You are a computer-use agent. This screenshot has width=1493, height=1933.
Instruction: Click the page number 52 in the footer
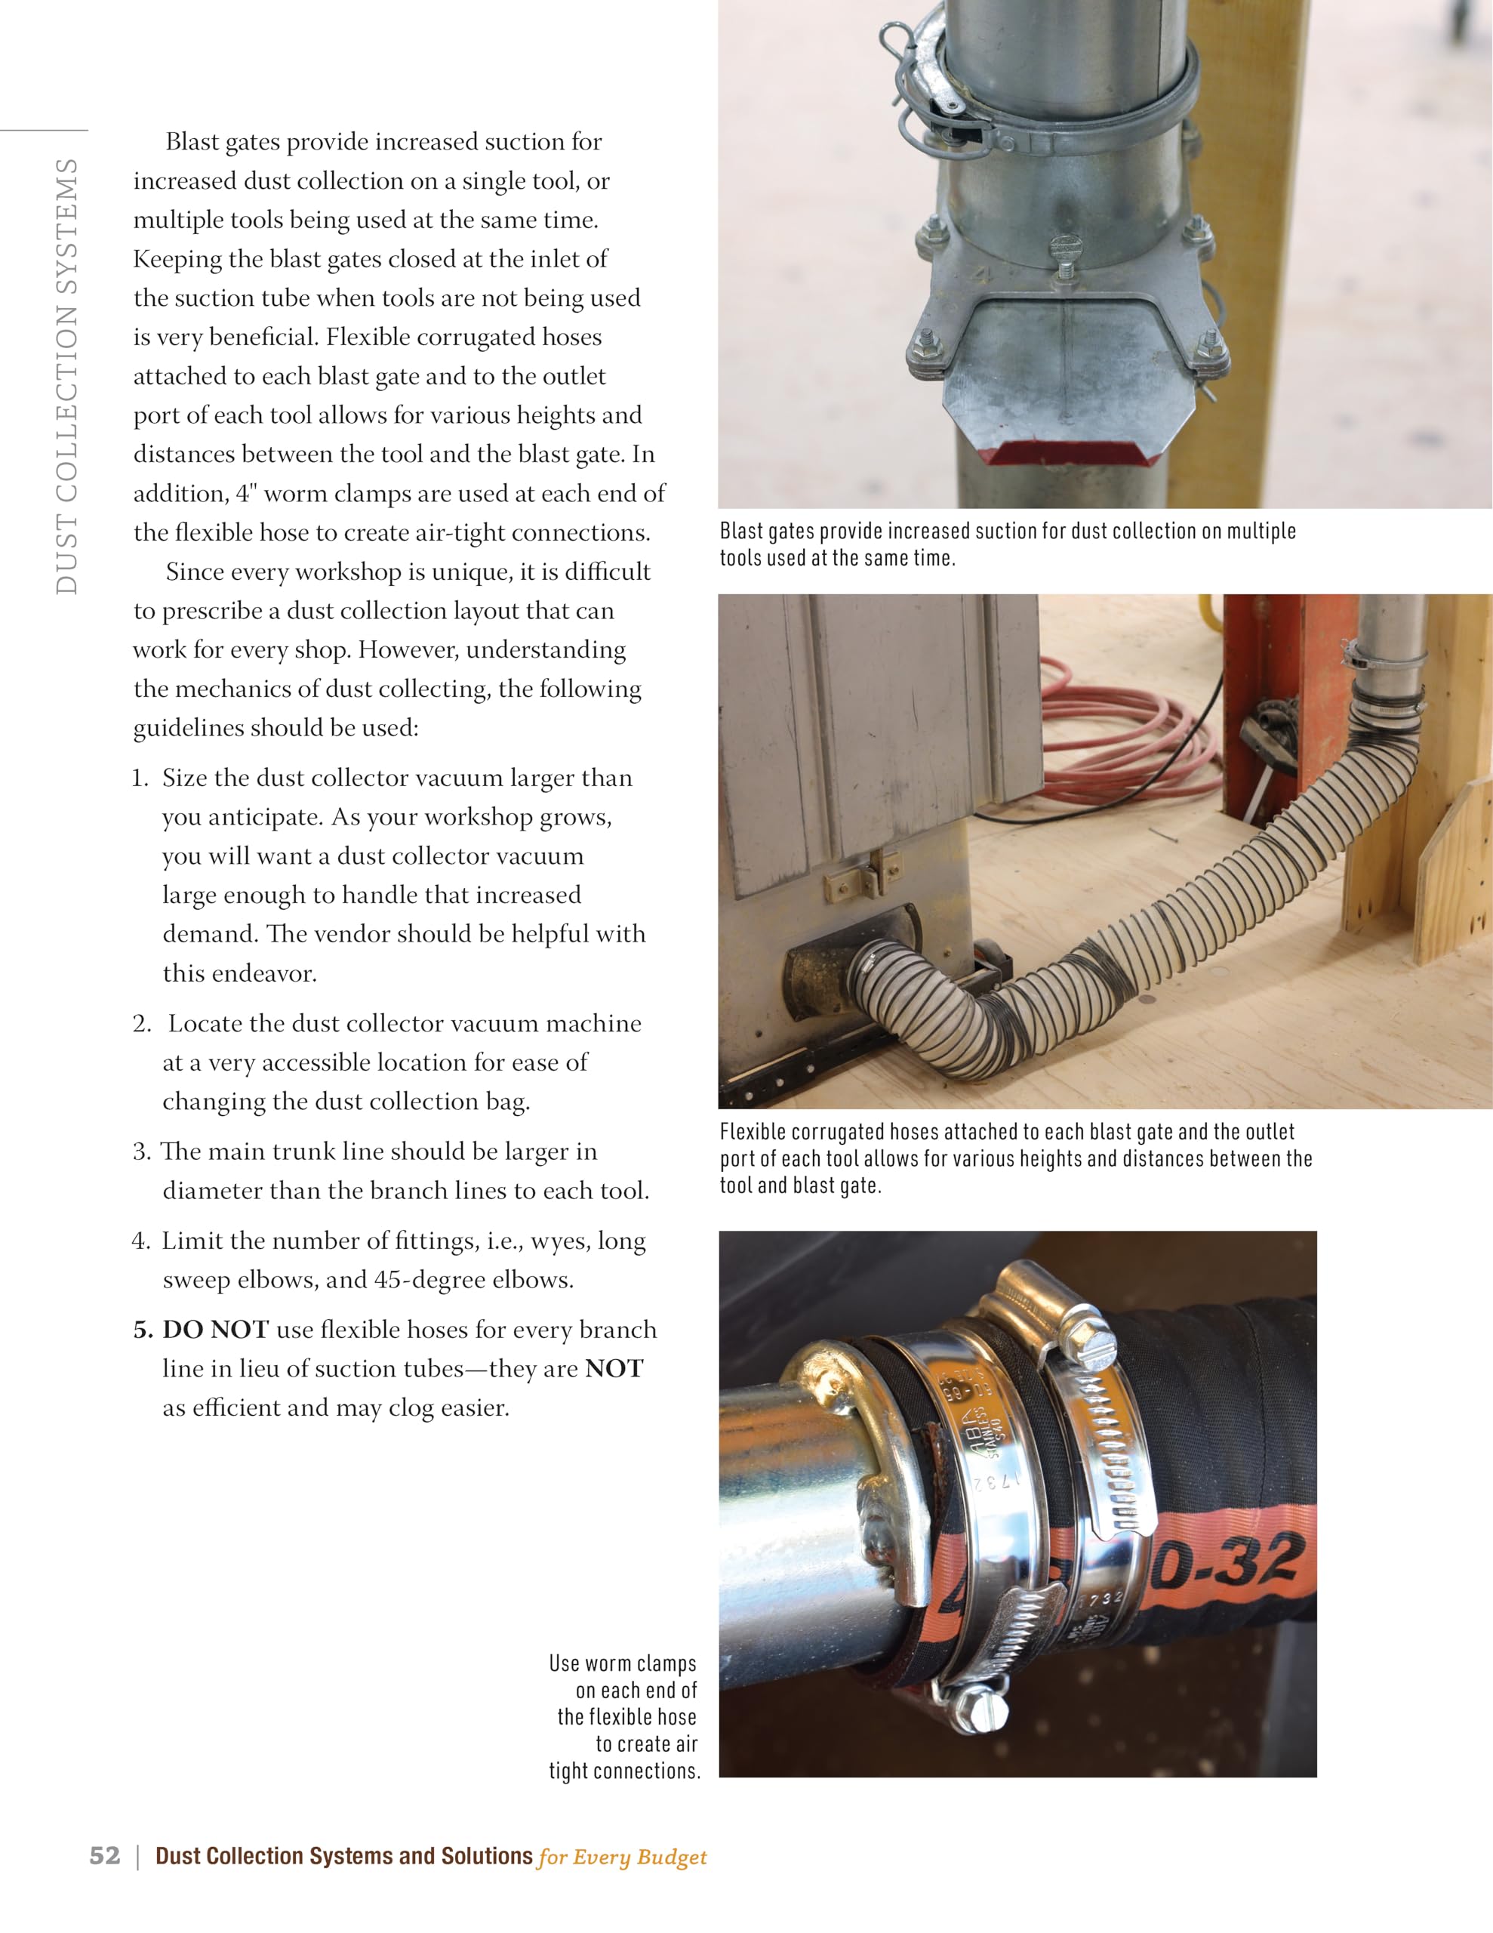pyautogui.click(x=104, y=1855)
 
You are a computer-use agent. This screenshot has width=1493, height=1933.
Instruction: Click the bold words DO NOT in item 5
pyautogui.click(x=215, y=1330)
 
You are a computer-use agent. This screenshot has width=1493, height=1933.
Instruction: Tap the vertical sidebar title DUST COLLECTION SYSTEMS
pyautogui.click(x=67, y=376)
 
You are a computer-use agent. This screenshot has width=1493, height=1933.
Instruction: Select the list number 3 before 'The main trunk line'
pyautogui.click(x=140, y=1151)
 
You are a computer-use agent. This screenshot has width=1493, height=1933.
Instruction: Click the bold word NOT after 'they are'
pyautogui.click(x=614, y=1368)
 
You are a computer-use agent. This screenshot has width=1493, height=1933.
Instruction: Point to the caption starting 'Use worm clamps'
pyautogui.click(x=624, y=1716)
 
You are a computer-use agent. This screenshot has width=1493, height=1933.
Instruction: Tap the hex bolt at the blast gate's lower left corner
pyautogui.click(x=925, y=341)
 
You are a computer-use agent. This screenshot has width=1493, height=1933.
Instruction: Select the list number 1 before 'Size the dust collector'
pyautogui.click(x=139, y=778)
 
